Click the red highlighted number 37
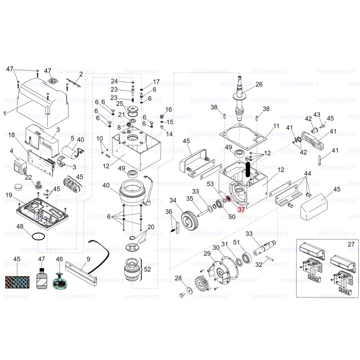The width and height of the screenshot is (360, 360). [x=241, y=209]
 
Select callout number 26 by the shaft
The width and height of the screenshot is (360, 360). [x=259, y=85]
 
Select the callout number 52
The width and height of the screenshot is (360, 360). [x=147, y=269]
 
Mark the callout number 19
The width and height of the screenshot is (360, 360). [x=9, y=194]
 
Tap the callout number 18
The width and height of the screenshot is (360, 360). [x=12, y=135]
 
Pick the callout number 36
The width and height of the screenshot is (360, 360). [x=168, y=212]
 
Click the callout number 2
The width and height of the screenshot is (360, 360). [x=81, y=74]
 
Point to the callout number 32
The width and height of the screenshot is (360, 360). [x=259, y=265]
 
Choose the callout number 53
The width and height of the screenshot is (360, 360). [x=210, y=184]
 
